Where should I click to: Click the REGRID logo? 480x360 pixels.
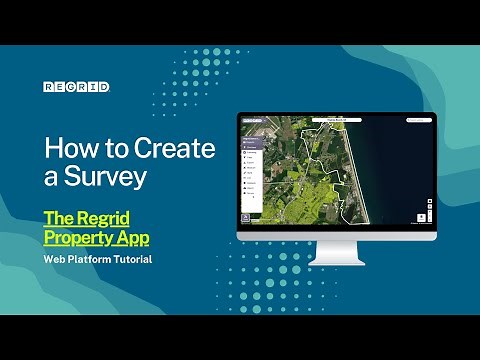coord(76,87)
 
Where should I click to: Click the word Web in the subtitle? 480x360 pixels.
coord(55,260)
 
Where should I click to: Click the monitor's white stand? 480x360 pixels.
coord(337,256)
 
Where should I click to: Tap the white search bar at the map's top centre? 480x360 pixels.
coord(335,118)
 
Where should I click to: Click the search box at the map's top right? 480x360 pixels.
coord(419,118)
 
